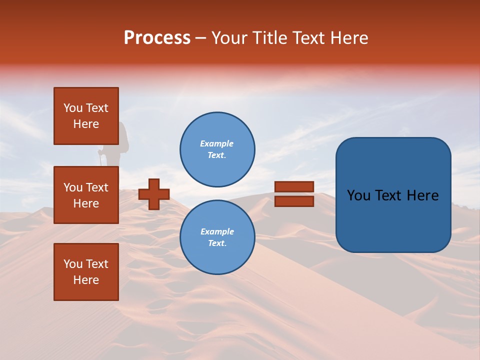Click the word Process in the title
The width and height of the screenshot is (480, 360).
(157, 38)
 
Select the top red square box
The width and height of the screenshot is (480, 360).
(86, 116)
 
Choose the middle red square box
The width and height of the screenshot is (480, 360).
(86, 195)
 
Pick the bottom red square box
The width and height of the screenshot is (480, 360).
(86, 272)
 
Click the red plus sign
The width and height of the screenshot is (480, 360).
(154, 194)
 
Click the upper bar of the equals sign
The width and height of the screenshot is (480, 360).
(294, 186)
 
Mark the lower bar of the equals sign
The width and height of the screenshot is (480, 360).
(294, 201)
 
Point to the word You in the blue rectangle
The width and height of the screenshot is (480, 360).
(358, 195)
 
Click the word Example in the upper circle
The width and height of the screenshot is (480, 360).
(217, 143)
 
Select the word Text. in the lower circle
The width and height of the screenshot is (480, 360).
(217, 243)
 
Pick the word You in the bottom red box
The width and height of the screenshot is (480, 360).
(73, 264)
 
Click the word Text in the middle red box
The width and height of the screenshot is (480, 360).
(97, 187)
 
